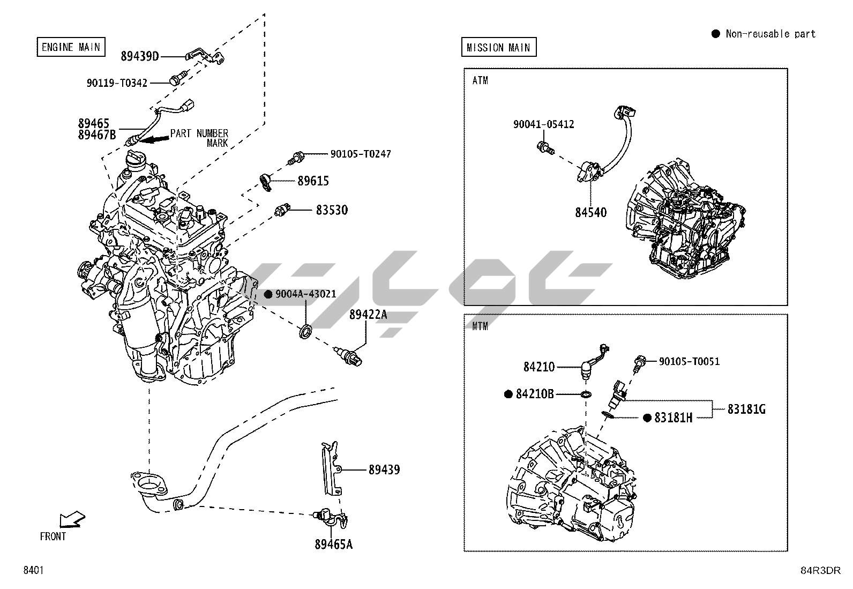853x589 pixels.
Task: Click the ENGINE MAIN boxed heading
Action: coord(71,47)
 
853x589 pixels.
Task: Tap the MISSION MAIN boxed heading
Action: coord(498,48)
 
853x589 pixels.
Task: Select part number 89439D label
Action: coord(140,56)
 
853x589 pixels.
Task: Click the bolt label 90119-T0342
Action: coord(117,83)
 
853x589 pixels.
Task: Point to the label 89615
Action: coord(313,181)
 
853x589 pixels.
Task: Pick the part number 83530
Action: coord(332,210)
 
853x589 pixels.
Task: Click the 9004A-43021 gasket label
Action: coord(305,294)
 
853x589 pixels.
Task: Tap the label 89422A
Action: coord(368,315)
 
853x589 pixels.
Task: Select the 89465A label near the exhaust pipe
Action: coord(334,545)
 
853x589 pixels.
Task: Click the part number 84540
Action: coord(591,213)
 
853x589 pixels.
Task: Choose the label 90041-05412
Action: coord(543,124)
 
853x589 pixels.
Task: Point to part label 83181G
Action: coord(746,409)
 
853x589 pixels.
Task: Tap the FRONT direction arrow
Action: coord(72,519)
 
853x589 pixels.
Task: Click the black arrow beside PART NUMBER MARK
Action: coord(155,139)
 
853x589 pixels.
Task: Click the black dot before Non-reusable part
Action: coord(715,34)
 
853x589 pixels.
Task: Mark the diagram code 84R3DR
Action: coord(820,570)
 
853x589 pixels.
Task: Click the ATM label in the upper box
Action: coord(480,81)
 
